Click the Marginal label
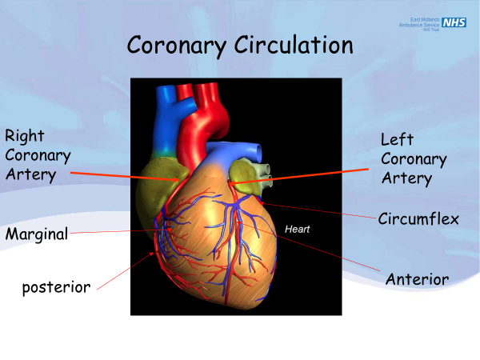click(36, 234)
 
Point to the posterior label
click(56, 286)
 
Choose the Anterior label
click(417, 278)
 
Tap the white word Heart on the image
click(297, 229)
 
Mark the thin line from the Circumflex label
click(320, 210)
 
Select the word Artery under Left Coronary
click(406, 178)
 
